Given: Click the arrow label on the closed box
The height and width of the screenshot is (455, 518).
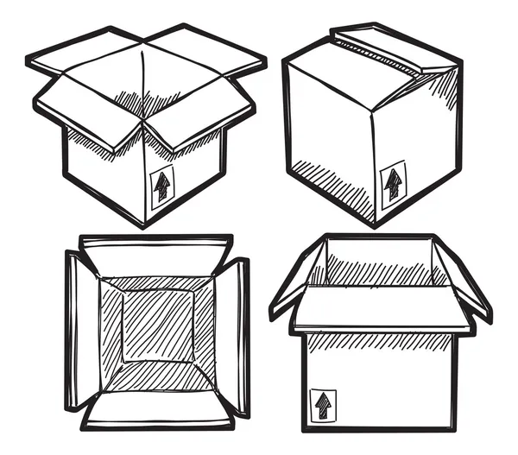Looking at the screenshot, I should (x=393, y=183).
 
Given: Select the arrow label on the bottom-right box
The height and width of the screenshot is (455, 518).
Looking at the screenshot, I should (x=323, y=404).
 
